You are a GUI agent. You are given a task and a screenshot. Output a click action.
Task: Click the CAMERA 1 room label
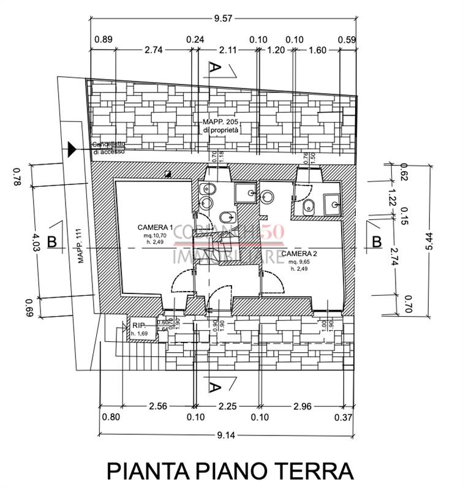pos(156,226)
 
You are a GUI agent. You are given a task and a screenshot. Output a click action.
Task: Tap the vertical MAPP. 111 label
pos(78,245)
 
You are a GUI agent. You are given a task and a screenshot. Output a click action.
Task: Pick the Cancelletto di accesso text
pos(109,148)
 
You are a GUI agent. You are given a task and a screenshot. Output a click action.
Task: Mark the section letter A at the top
pos(214,67)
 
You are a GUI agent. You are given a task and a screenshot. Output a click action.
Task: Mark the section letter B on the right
pos(377,241)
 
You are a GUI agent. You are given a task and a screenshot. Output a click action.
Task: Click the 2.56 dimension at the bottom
pos(158,405)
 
